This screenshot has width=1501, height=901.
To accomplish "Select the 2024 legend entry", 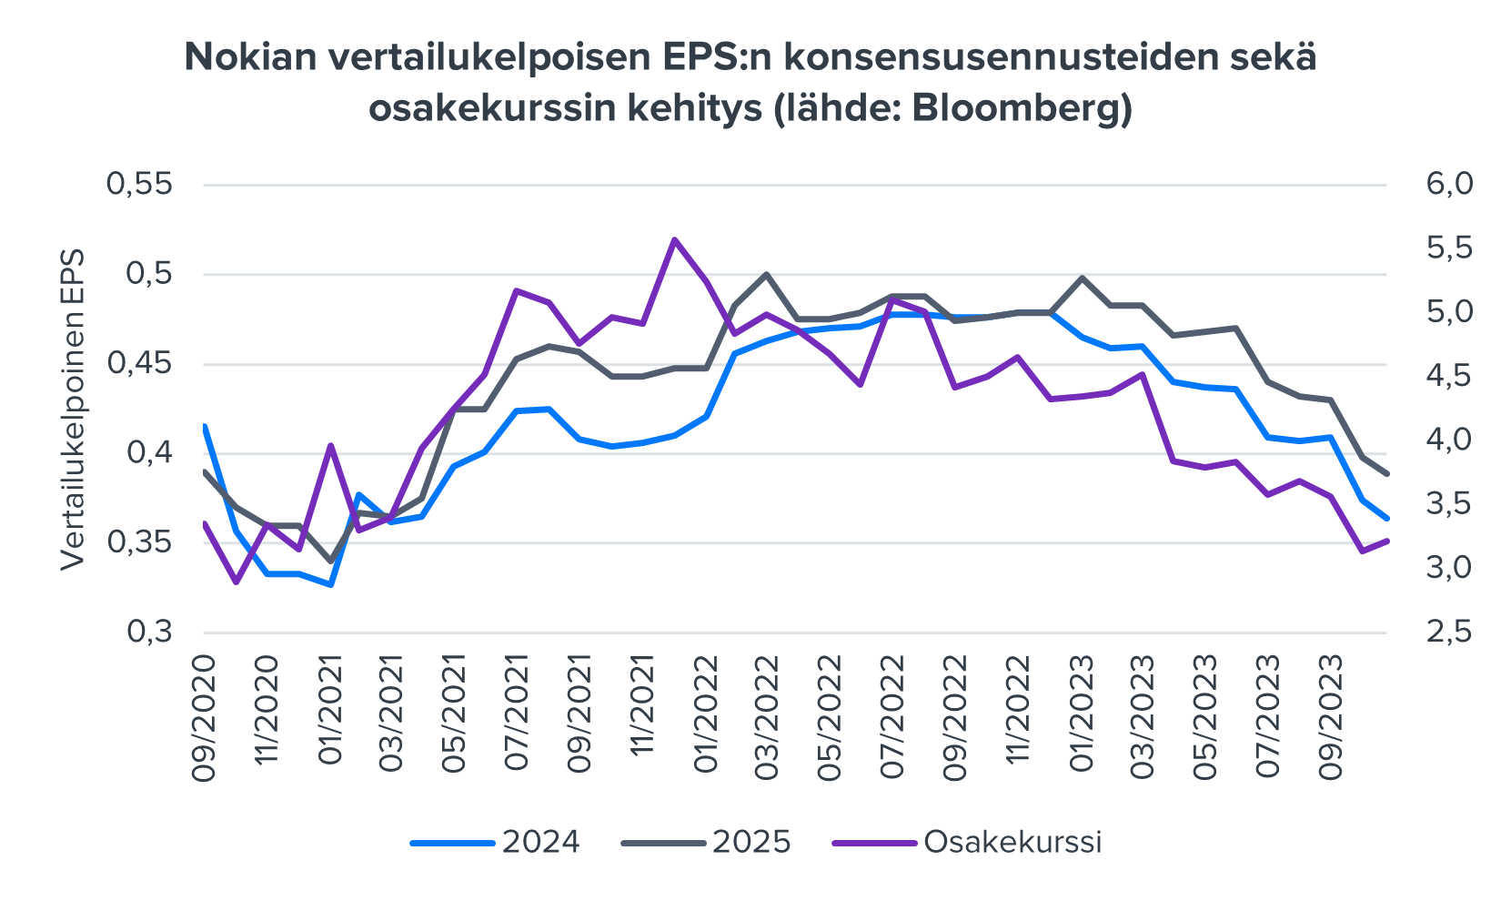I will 540,842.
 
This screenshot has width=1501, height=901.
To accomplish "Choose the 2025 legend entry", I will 751,842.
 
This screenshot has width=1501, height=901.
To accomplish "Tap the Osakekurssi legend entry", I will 1012,842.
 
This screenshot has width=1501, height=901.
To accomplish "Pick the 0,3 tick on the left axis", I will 148,632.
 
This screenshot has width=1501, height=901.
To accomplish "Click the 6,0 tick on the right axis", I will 1448,185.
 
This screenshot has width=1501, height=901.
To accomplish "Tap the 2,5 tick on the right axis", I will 1448,632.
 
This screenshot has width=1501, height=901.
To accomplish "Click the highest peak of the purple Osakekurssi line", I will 674,239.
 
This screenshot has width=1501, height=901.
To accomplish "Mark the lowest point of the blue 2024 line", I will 331,584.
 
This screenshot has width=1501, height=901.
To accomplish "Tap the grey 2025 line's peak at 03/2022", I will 766,274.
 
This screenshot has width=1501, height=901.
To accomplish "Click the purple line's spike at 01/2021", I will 331,445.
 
